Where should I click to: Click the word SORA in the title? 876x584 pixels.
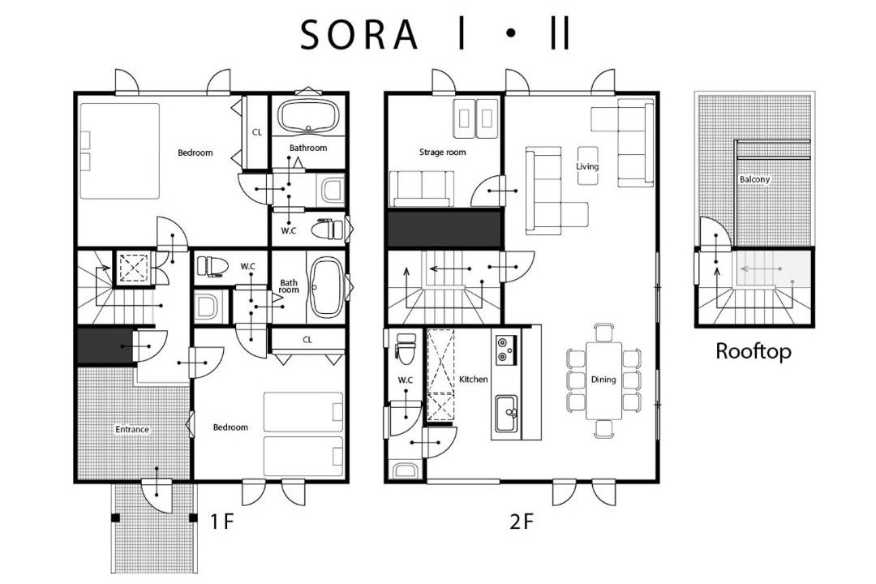coord(359,35)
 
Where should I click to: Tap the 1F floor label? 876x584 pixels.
coord(221,522)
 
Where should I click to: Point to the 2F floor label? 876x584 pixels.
coord(522,522)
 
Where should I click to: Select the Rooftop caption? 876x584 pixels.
coord(753,351)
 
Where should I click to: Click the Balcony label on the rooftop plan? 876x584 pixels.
coord(754,179)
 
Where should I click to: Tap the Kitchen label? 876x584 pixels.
coord(473,380)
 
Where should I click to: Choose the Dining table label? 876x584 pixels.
coord(603,380)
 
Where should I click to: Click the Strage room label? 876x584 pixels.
coord(443,152)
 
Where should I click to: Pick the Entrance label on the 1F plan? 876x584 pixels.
coord(132,430)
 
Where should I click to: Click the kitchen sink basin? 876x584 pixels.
coord(506,414)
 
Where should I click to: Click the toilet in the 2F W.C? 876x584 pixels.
coord(405,348)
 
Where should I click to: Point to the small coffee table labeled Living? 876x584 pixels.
coord(588,165)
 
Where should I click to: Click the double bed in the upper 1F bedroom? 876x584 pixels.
coord(119,151)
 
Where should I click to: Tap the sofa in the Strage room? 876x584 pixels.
coord(421,188)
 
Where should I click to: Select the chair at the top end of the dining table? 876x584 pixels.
coord(604,333)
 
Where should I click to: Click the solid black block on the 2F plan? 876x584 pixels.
coord(445,229)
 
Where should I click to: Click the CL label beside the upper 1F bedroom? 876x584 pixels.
coord(257,132)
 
